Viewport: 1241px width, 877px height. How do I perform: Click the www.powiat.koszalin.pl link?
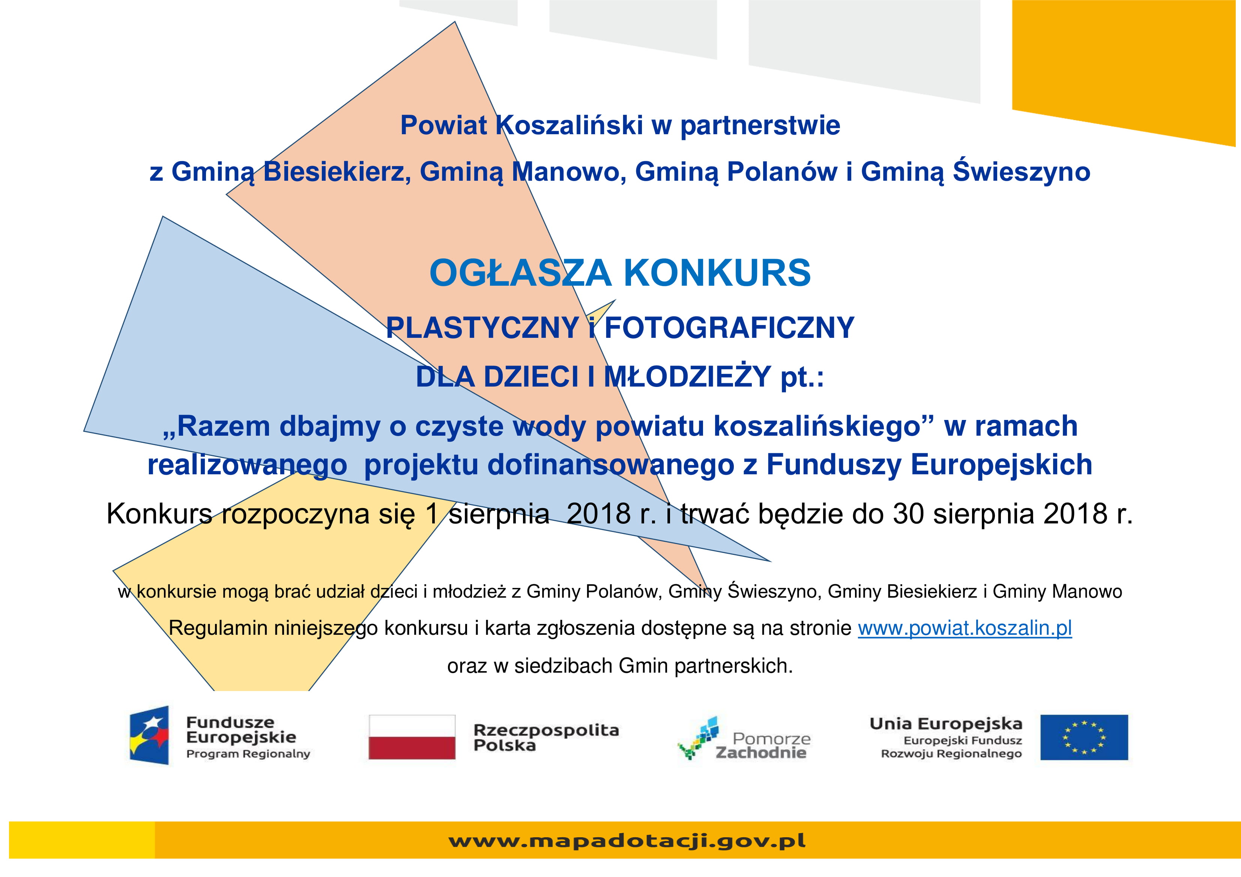point(965,628)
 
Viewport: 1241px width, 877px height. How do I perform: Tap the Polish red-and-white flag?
point(412,737)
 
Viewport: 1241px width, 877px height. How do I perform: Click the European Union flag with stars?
point(1084,737)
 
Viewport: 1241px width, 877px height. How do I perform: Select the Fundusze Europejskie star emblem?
point(149,735)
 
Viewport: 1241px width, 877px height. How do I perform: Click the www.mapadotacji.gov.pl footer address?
point(627,841)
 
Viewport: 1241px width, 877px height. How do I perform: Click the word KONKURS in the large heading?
point(717,273)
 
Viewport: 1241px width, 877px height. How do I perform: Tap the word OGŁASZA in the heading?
point(520,273)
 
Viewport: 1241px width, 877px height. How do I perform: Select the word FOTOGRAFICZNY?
point(729,327)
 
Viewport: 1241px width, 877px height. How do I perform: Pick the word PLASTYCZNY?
point(483,327)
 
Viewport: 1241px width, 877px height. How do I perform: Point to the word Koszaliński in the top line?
point(569,125)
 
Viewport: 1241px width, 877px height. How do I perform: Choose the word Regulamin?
point(218,628)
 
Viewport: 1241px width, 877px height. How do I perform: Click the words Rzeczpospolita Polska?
point(546,738)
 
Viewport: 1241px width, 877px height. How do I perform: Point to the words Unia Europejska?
point(946,724)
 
